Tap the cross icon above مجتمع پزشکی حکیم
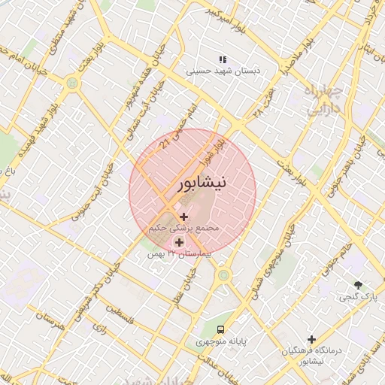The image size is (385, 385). pos(184,217)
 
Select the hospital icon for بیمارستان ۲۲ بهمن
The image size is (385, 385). pos(179,242)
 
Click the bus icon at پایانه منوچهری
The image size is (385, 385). pos(220,329)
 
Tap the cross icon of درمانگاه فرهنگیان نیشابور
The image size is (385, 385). pos(311,339)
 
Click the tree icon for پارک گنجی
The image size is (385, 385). pos(358,285)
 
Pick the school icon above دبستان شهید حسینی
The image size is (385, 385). pos(222,59)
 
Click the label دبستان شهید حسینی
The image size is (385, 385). pos(223,71)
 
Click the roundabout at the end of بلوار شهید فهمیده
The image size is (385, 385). pos(71,83)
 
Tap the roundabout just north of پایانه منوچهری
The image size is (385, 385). pos(223,276)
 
